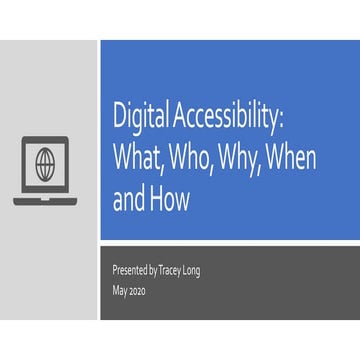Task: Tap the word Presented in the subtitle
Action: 131,271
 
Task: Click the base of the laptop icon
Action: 45,200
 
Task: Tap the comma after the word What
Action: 170,171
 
